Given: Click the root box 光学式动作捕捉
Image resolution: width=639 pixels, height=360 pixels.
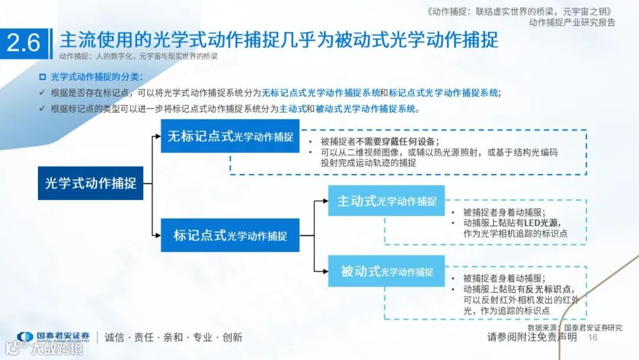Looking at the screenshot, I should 91,183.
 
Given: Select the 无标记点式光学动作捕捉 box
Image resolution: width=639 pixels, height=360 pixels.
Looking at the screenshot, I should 230,136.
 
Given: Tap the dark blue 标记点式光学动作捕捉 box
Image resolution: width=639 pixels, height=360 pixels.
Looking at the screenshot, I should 230,235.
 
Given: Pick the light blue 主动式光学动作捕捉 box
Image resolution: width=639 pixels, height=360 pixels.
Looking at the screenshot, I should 386,201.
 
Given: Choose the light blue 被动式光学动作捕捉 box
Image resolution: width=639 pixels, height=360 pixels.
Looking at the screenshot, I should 386,271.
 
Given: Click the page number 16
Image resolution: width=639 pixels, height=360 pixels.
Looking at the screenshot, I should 593,337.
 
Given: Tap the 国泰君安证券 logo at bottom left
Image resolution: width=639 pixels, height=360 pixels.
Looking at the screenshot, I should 53,337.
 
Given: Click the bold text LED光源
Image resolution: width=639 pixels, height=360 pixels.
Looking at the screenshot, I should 541,223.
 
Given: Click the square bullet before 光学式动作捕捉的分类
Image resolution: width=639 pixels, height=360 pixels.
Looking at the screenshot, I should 42,77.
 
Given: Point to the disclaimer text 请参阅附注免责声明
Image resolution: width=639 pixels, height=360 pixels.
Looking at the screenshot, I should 532,337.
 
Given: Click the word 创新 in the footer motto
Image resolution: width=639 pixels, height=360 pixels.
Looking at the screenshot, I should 233,337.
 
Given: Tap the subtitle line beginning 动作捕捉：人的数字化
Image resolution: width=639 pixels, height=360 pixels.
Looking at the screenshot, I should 138,57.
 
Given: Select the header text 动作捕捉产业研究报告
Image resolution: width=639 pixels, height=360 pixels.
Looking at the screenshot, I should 572,22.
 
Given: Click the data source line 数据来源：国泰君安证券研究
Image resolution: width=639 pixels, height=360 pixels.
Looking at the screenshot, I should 575,327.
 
